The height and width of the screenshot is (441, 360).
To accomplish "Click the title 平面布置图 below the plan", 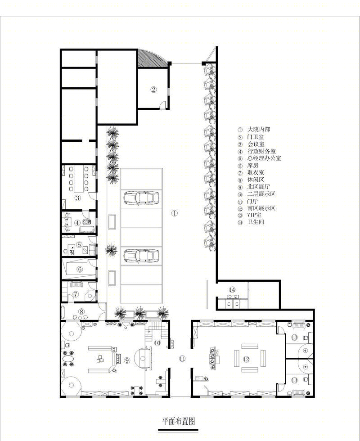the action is click(178, 421).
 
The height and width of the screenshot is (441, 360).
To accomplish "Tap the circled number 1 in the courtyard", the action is click(175, 213).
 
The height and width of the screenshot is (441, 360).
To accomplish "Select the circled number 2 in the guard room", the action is click(153, 90).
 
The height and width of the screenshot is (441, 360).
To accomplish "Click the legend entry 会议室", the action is click(256, 144).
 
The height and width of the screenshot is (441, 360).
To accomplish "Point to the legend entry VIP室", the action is click(255, 215).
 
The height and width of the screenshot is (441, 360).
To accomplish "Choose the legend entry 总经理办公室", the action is click(264, 158).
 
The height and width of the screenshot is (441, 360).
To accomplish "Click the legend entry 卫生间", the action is click(256, 222).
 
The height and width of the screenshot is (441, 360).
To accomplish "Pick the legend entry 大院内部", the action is click(259, 130).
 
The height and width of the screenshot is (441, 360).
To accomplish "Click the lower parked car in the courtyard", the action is click(141, 256).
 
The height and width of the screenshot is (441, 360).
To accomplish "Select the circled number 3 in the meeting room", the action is click(77, 198).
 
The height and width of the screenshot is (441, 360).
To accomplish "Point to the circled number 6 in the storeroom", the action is click(80, 270).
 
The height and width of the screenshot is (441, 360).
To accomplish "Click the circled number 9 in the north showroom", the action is click(127, 360).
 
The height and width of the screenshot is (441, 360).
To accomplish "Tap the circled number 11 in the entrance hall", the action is click(183, 359).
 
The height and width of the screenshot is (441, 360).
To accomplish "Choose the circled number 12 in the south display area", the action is click(246, 359).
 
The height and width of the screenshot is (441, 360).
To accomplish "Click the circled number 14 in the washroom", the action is click(232, 290).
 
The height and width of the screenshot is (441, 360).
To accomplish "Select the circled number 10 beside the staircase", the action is click(157, 343).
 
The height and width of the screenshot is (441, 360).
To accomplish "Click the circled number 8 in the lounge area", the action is click(81, 311).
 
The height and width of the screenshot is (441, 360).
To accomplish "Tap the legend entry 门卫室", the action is click(256, 137).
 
